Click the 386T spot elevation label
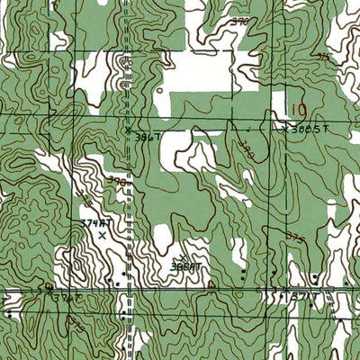(147, 137)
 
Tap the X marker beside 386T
(128, 130)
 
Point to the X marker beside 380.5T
(286, 129)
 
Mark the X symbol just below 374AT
(102, 235)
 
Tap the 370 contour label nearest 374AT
(117, 180)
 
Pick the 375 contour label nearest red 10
(324, 56)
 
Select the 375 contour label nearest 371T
(294, 238)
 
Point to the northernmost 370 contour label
(239, 20)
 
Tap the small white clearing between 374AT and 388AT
(161, 238)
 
